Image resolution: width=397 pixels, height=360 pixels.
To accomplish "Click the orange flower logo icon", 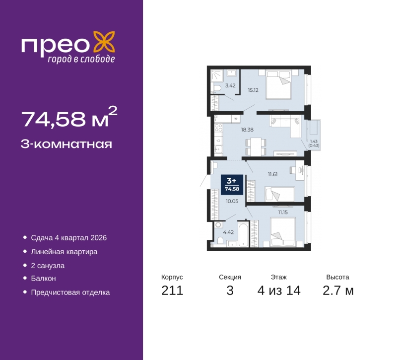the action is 104,42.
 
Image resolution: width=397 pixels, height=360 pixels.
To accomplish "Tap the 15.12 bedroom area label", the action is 253,90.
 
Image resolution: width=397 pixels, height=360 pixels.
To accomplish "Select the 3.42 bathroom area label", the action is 230,85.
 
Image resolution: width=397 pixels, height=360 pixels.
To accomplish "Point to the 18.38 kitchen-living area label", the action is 247,130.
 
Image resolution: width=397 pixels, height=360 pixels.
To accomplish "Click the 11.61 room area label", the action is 272,174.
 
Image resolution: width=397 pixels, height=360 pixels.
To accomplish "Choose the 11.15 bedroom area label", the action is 283,213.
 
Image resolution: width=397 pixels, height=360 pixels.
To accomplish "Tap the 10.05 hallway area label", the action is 232,201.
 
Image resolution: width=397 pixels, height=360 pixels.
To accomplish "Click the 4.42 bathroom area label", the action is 228,232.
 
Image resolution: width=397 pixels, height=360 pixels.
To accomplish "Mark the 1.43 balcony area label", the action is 314,142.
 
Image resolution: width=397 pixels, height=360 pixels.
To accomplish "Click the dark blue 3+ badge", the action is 232,184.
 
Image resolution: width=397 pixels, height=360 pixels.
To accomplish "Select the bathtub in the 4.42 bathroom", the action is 244,234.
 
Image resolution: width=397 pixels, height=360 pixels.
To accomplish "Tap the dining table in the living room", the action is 256,146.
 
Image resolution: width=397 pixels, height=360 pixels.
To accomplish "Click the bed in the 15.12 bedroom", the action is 278,85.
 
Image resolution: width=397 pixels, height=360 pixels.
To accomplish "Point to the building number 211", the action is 172,290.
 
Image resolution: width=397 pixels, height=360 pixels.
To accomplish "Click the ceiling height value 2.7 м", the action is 338,290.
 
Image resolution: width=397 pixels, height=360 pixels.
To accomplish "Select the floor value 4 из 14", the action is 279,290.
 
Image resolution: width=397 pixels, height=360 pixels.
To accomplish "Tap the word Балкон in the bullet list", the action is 43,279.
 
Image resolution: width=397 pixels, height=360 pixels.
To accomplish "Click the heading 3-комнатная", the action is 66,144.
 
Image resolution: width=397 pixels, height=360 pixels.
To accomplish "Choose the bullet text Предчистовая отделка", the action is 70,292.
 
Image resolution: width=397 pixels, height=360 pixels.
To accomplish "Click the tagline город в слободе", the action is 81,59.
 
